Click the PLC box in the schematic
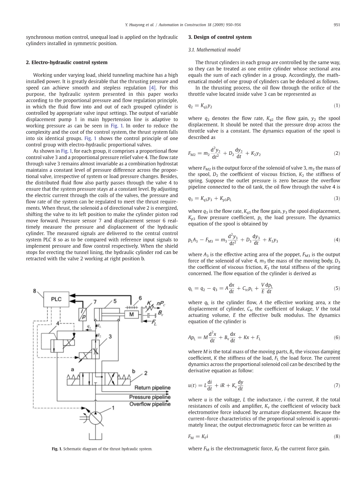tap(56, 299)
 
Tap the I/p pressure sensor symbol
tap(83, 314)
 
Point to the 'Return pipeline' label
tap(152, 387)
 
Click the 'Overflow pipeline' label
tap(150, 404)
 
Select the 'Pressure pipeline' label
tap(150, 397)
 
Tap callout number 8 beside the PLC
tap(34, 291)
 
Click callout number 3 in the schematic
tap(110, 336)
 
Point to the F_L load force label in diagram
tap(155, 324)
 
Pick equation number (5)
tap(337, 288)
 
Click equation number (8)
tap(337, 436)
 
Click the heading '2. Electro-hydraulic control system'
tap(67, 62)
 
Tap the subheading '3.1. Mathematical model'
tap(214, 50)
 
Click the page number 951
tap(337, 25)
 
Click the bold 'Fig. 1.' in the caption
tap(57, 449)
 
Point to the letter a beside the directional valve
tap(72, 369)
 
